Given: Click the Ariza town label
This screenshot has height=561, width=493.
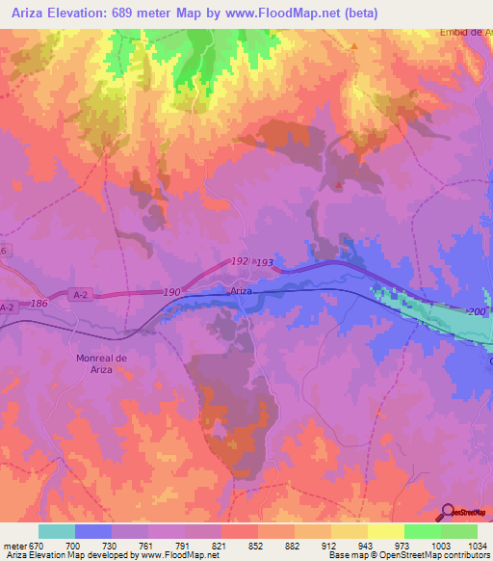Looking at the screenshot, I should [241, 290].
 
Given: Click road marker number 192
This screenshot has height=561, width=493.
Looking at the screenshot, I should [241, 261].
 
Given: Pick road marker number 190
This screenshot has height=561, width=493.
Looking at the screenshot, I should [172, 292].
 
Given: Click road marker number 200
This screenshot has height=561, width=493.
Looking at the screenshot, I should [476, 312].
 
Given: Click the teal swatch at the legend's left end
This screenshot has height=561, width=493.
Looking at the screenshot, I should [57, 531].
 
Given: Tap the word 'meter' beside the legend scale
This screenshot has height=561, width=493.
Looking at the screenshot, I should [16, 546].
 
